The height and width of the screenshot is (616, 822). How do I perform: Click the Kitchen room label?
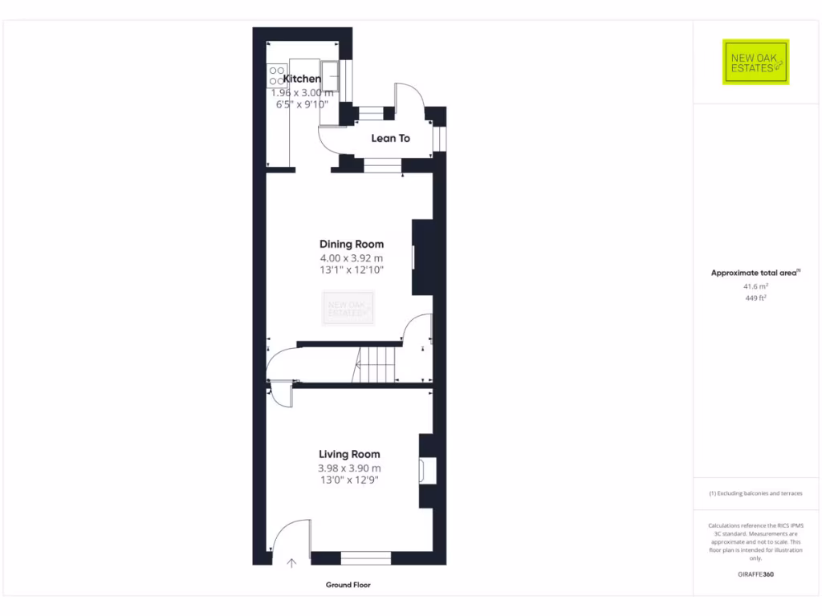[x=302, y=79]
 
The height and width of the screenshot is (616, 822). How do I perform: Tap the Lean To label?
[x=390, y=139]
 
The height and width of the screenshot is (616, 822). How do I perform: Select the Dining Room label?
[x=352, y=244]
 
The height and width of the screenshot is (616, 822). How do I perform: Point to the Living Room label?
[x=349, y=454]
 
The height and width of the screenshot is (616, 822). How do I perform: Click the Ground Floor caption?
[x=348, y=586]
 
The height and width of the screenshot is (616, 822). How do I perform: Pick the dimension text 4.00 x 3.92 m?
[x=352, y=258]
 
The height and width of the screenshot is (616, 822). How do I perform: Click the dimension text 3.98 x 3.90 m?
[x=349, y=468]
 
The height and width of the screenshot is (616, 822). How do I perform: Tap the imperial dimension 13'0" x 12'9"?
[x=349, y=480]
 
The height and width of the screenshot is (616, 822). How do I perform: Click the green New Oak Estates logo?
[x=755, y=62]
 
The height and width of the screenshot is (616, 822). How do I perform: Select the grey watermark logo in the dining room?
[x=348, y=309]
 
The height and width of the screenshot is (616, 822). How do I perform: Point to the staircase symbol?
[x=377, y=365]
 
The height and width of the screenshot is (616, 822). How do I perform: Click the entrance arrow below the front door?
[x=291, y=564]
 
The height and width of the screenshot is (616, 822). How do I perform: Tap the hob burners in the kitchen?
[x=277, y=75]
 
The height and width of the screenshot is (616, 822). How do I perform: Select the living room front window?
[x=365, y=558]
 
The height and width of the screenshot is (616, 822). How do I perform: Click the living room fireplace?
[x=427, y=471]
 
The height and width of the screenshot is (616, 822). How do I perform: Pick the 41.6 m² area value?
[x=755, y=286]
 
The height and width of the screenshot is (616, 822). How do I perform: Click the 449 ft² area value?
[x=755, y=298]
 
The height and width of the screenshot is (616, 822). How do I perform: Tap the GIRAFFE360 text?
[x=755, y=574]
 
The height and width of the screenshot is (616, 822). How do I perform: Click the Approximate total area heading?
[x=755, y=273]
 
